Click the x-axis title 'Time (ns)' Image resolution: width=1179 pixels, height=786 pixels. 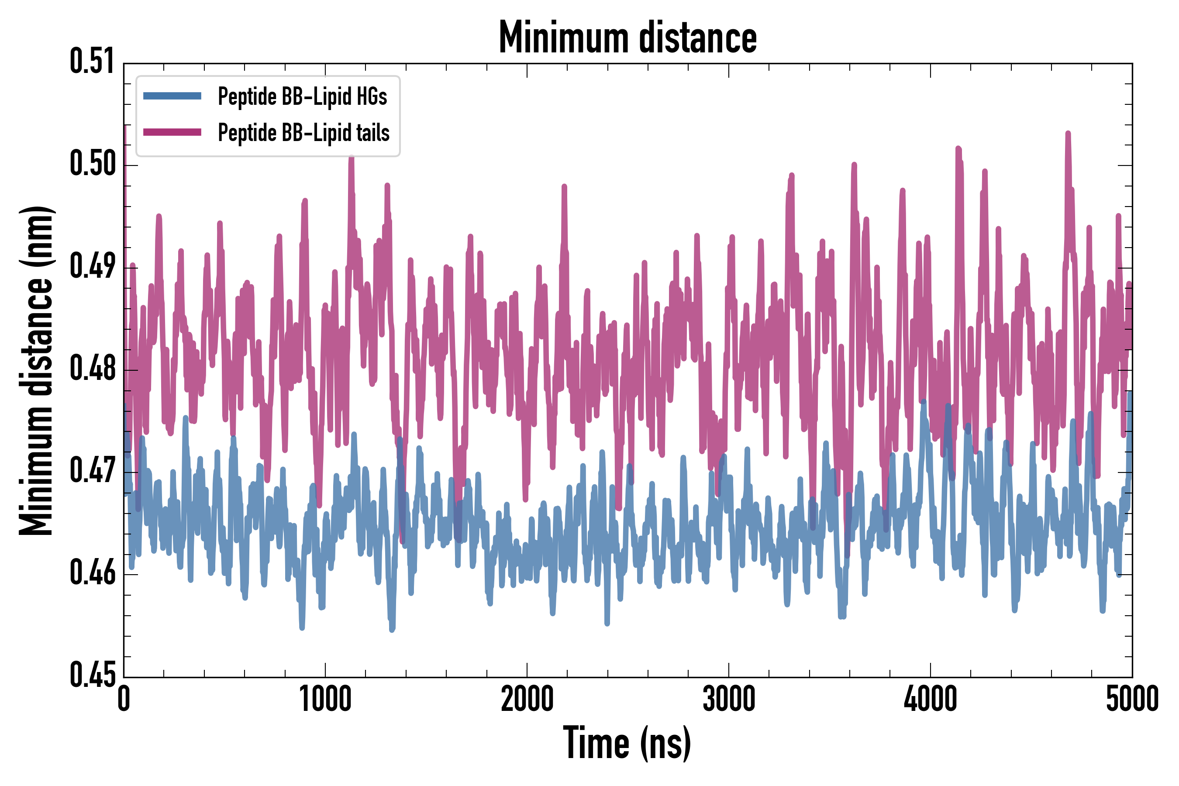(627, 743)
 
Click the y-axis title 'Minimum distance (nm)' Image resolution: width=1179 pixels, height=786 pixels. (36, 370)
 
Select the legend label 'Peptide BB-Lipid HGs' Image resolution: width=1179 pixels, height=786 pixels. (302, 96)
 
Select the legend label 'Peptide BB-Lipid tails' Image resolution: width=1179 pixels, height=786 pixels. (304, 133)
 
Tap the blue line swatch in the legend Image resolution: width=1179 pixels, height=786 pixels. (172, 96)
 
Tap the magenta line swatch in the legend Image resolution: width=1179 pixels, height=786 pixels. (172, 132)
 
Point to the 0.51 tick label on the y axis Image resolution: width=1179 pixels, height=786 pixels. (92, 62)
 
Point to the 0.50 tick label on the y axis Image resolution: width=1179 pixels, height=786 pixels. (92, 165)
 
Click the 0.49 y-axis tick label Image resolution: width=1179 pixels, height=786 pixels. (92, 267)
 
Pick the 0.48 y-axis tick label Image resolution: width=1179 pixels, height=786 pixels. (92, 369)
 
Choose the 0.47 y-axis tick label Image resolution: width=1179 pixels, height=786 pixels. (92, 471)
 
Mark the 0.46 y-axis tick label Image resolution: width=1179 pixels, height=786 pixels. (92, 573)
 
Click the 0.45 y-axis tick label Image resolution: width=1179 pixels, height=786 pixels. (92, 676)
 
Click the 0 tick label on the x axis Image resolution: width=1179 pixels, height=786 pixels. (124, 699)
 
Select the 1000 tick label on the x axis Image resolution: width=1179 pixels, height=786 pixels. (325, 699)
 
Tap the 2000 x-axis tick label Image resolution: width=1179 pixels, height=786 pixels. (527, 699)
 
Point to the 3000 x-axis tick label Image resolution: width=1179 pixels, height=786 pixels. (728, 699)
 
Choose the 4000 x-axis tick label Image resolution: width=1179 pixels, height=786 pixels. (931, 699)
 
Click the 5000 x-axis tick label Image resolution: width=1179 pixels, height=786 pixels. (1132, 699)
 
